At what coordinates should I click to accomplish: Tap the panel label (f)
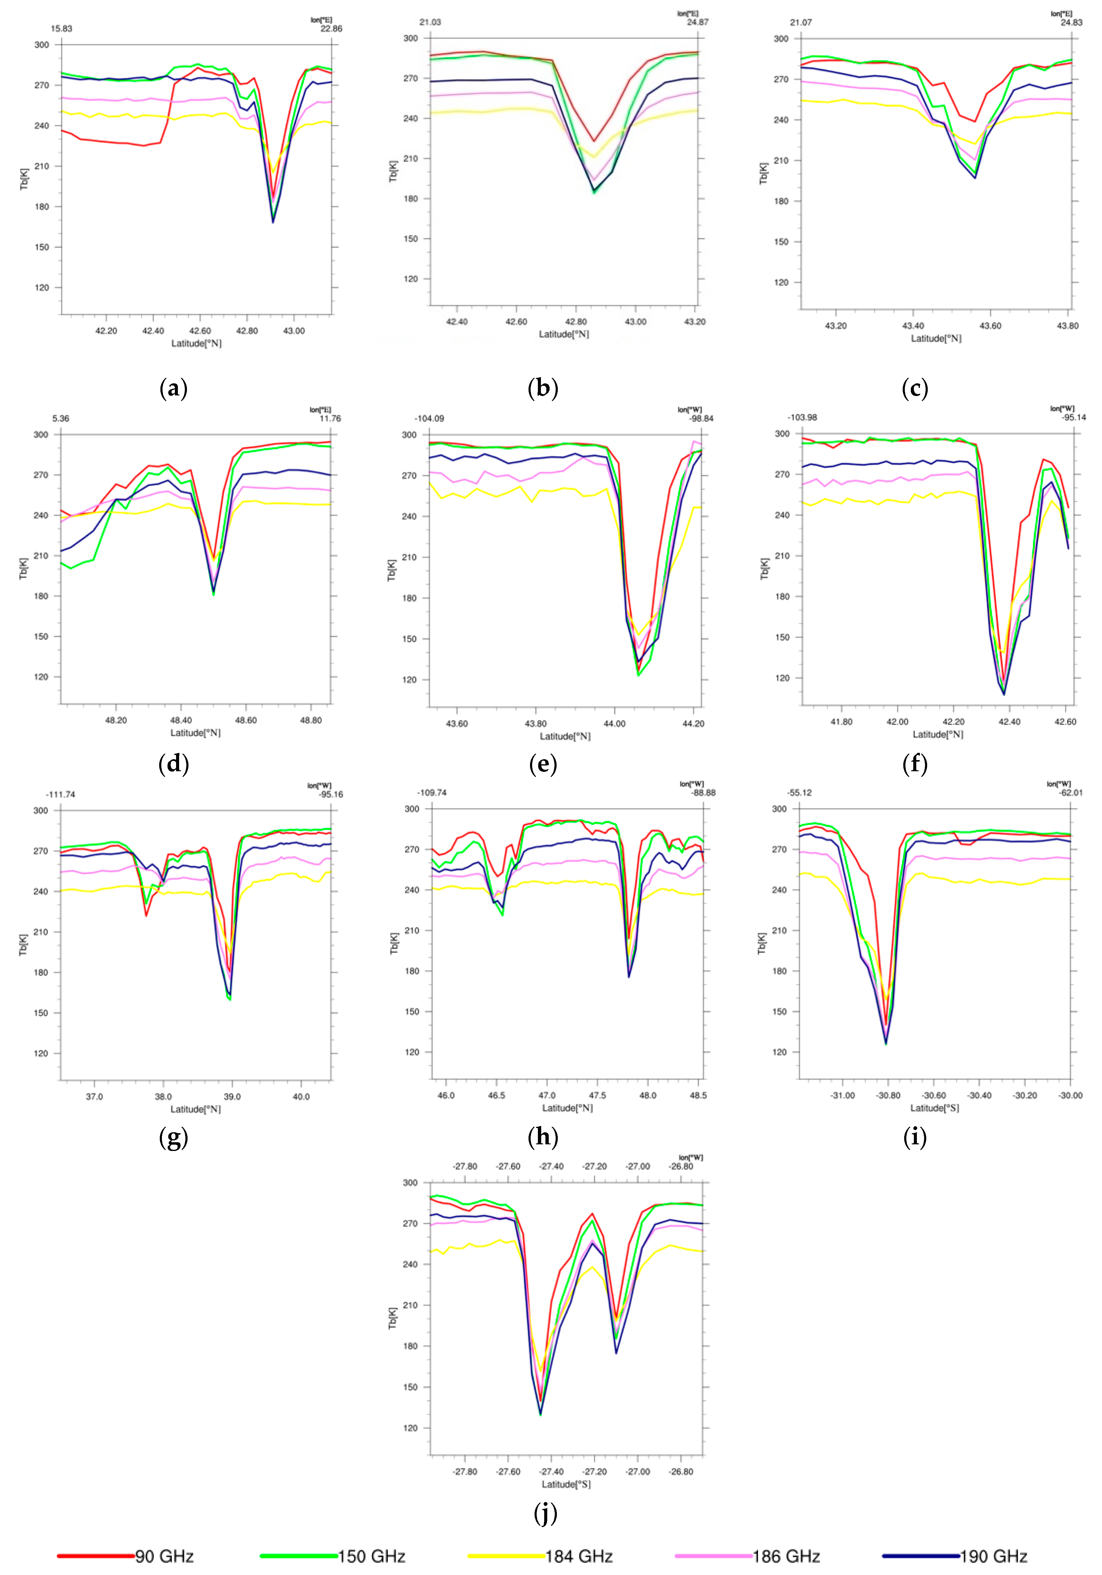point(915,763)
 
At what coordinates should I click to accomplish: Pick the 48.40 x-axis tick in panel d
point(181,720)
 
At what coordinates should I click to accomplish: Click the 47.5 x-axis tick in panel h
point(597,1096)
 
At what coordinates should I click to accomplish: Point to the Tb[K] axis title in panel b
point(393,171)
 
